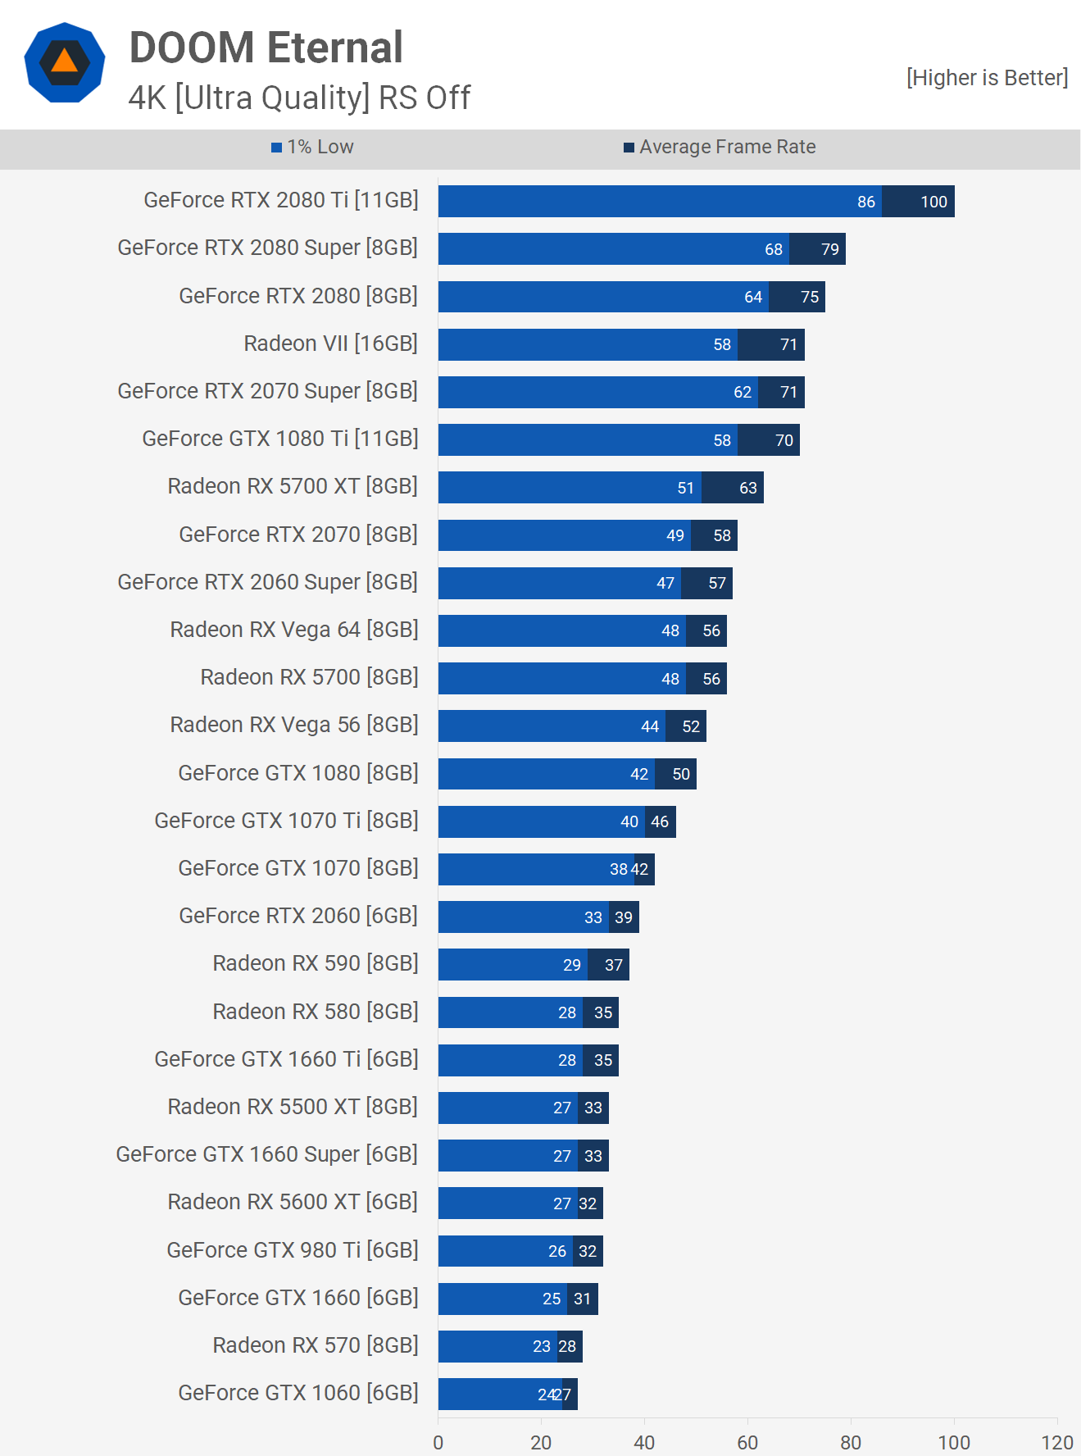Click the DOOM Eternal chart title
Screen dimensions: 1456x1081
pos(266,48)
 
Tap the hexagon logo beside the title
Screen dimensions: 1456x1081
pos(65,63)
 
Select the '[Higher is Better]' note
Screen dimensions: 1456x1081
pos(987,78)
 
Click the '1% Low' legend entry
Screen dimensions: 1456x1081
pos(312,148)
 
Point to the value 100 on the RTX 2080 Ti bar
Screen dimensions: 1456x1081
pos(933,202)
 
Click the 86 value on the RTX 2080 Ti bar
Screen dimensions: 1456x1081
pos(866,202)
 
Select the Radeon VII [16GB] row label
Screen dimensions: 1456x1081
pos(330,344)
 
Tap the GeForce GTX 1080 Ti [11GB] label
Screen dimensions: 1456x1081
pos(279,439)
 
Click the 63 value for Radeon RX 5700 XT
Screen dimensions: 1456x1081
pos(747,488)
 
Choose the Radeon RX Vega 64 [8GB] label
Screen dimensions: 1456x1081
pos(293,630)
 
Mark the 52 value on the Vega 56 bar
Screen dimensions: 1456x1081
pos(691,726)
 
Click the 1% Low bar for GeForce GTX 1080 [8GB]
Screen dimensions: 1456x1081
pos(546,774)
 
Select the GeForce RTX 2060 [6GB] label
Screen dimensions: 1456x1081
pos(298,916)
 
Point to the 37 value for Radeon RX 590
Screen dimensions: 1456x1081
pos(614,965)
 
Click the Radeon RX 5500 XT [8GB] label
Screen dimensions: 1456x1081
pos(292,1107)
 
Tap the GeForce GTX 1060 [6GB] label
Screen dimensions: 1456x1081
pos(298,1393)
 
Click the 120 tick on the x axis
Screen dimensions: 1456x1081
pos(1056,1443)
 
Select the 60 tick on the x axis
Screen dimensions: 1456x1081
pos(747,1443)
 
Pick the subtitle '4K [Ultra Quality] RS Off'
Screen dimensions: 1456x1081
pos(299,98)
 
